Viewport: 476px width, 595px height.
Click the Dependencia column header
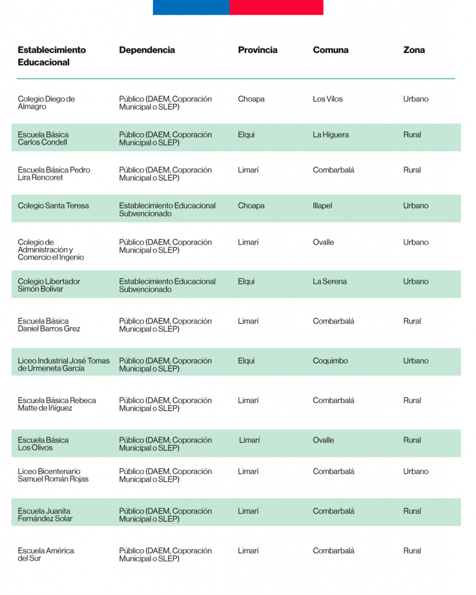(x=146, y=50)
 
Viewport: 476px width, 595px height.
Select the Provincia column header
(x=257, y=50)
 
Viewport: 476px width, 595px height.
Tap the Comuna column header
(x=331, y=50)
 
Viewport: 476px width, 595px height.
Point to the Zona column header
(x=414, y=50)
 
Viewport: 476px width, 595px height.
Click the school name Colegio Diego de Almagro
(x=46, y=103)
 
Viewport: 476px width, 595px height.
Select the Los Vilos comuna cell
(x=328, y=99)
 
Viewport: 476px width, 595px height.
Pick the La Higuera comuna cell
(x=331, y=135)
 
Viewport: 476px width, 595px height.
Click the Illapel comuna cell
(x=322, y=206)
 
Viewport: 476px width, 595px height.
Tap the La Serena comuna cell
(x=330, y=282)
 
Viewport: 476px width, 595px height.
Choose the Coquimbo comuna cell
(x=330, y=361)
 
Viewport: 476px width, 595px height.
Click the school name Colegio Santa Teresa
(x=53, y=206)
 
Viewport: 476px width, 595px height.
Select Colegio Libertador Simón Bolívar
(x=49, y=285)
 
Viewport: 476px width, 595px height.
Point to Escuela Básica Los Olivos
(x=43, y=444)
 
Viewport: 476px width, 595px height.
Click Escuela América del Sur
(x=45, y=554)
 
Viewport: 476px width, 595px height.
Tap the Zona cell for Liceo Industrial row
(x=416, y=361)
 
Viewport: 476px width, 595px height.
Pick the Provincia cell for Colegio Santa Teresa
(x=251, y=206)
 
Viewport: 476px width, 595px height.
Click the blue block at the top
(x=191, y=7)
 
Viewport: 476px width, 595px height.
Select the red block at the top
(x=276, y=7)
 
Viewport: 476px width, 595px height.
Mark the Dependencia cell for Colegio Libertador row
(x=167, y=285)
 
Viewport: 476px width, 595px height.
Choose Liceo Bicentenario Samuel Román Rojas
(x=53, y=475)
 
